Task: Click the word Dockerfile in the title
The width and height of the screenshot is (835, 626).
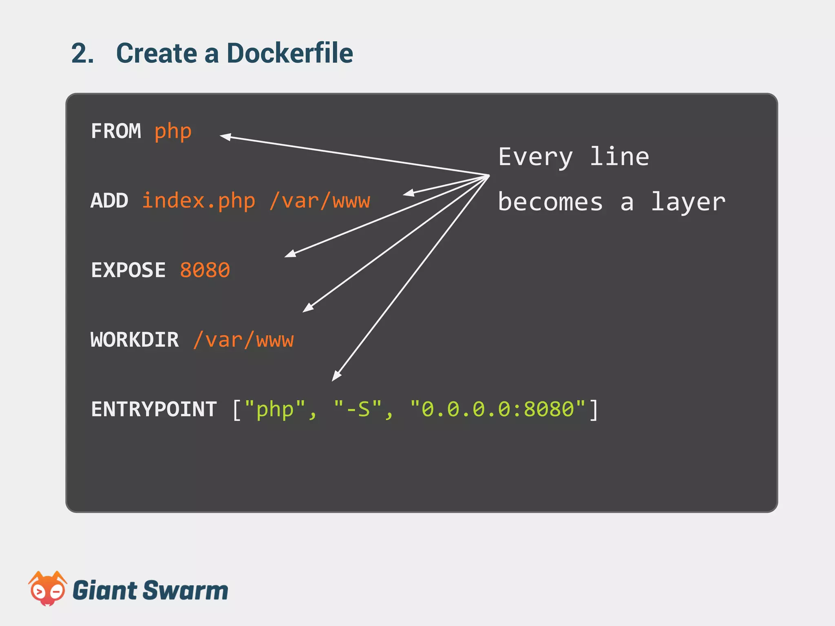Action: click(x=289, y=53)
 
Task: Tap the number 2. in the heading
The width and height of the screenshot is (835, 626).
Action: click(x=83, y=53)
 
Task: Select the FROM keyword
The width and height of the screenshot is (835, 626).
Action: click(x=116, y=131)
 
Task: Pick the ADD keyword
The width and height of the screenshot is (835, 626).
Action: click(x=109, y=201)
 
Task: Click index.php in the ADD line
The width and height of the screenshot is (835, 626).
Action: click(x=199, y=201)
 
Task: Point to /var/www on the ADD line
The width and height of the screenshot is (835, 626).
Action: click(x=320, y=201)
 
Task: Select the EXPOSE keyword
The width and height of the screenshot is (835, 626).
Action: click(x=128, y=270)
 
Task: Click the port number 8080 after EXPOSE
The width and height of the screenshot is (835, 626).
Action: click(x=205, y=270)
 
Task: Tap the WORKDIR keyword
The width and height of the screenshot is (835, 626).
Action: click(x=135, y=340)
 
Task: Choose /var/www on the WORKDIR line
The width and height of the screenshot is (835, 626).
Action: click(x=243, y=340)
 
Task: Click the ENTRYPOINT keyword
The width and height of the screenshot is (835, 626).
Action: click(x=154, y=409)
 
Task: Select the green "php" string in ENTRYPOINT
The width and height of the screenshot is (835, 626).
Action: click(x=275, y=409)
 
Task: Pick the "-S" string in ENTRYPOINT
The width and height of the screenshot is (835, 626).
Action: click(x=358, y=409)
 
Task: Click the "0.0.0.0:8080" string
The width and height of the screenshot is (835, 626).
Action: click(x=498, y=409)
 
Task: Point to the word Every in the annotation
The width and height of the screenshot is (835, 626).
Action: click(x=535, y=157)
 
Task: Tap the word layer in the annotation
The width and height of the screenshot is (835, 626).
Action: click(x=688, y=202)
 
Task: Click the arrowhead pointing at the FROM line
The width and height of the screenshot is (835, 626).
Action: click(x=225, y=137)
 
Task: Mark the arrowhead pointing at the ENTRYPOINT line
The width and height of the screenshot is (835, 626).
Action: click(x=336, y=376)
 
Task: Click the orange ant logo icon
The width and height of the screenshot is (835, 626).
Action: click(x=47, y=589)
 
